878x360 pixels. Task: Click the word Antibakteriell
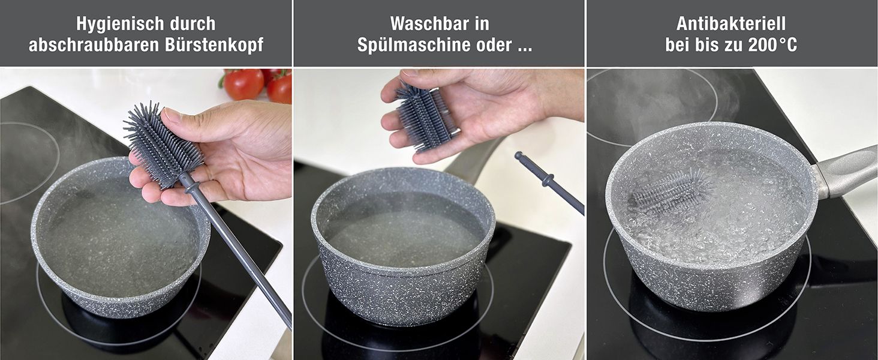tap(731, 24)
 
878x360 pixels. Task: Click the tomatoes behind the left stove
tap(257, 84)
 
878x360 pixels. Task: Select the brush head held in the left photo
tap(163, 145)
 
